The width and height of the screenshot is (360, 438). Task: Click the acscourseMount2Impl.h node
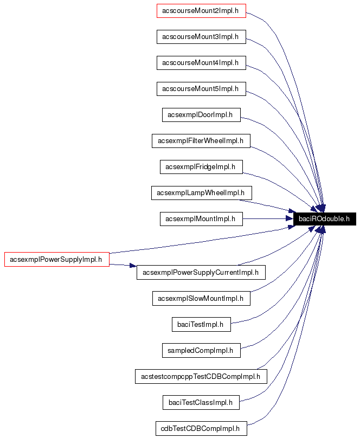201,11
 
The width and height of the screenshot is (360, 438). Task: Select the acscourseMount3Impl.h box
201,37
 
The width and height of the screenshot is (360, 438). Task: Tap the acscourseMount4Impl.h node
201,63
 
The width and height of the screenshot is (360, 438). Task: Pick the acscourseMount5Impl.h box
201,88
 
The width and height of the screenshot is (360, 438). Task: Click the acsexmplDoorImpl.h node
201,114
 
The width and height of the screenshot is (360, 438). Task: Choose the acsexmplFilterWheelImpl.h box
201,141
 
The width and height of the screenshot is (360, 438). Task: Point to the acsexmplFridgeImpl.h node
201,167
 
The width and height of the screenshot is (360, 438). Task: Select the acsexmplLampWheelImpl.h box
201,192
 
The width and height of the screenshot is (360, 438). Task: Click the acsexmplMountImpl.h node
201,219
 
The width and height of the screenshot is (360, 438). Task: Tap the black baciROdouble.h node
324,219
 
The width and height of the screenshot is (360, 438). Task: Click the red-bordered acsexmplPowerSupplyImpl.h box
56,259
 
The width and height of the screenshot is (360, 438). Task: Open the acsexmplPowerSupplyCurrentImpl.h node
201,272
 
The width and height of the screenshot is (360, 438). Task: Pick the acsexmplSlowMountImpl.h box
201,298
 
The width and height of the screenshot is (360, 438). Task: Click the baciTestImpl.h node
201,325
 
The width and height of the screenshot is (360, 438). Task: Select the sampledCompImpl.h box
201,351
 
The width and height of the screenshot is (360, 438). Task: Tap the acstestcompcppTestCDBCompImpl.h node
201,376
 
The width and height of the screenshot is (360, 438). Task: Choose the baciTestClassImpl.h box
201,402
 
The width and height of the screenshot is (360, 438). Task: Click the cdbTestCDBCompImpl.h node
201,428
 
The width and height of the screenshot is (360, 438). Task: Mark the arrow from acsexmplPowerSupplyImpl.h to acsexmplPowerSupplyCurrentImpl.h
123,265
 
